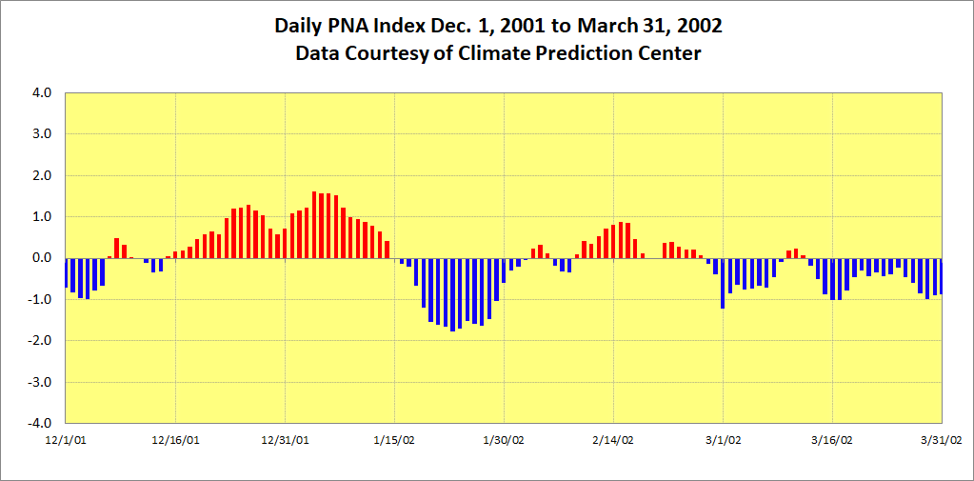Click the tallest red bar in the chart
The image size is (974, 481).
pos(314,225)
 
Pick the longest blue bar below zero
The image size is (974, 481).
pos(452,294)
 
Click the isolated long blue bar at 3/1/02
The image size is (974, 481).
pos(723,283)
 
